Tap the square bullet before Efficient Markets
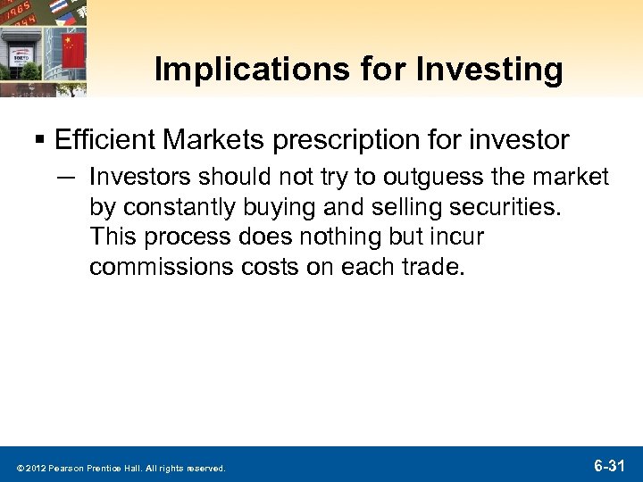[42, 140]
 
